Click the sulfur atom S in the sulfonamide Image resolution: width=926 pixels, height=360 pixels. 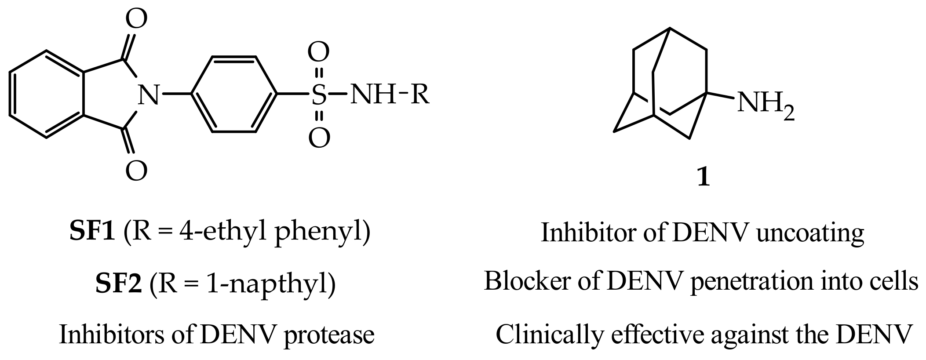point(319,95)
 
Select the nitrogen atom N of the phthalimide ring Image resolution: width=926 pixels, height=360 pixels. point(148,95)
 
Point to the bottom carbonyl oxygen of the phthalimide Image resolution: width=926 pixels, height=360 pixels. point(136,171)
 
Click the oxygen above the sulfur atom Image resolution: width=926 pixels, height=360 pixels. point(319,52)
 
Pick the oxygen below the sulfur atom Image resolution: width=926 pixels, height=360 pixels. point(319,138)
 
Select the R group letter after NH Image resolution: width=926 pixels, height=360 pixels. point(420,95)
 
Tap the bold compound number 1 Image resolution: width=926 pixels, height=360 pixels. point(704,178)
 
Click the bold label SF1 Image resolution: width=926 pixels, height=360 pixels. point(92,232)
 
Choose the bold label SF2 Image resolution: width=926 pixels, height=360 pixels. point(118,284)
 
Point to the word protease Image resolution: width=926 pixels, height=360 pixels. point(328,335)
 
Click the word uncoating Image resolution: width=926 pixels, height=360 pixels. point(810,233)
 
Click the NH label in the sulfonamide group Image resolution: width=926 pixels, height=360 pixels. point(373,95)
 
